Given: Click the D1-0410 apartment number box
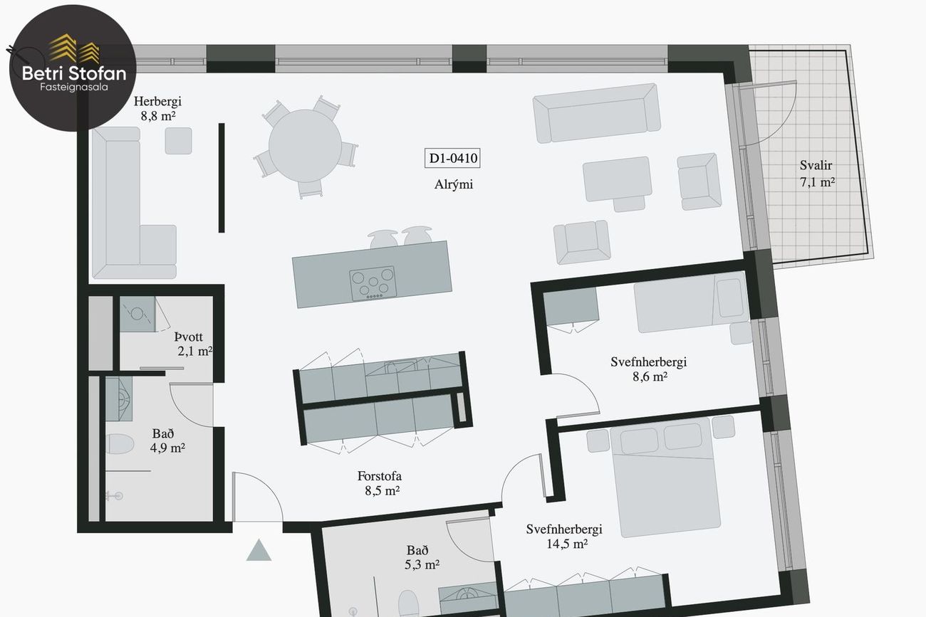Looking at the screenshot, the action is pyautogui.click(x=452, y=158).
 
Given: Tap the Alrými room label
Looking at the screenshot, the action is pyautogui.click(x=454, y=184).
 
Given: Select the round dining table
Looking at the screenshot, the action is pyautogui.click(x=305, y=145).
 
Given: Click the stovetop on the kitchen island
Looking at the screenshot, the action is pyautogui.click(x=373, y=283).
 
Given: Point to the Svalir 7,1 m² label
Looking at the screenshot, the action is pyautogui.click(x=816, y=174).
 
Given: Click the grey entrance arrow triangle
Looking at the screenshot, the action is pyautogui.click(x=259, y=550).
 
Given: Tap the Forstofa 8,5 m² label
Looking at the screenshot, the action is pyautogui.click(x=380, y=483).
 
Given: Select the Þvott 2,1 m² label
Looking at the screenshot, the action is pyautogui.click(x=192, y=344).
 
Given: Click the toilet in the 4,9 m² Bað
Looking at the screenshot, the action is pyautogui.click(x=120, y=444).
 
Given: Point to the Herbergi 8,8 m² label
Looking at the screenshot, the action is pyautogui.click(x=157, y=108).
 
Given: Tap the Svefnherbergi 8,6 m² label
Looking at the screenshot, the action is pyautogui.click(x=648, y=369).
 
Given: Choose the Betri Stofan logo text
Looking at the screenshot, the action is pyautogui.click(x=74, y=73).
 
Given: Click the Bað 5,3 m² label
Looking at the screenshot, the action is pyautogui.click(x=421, y=557).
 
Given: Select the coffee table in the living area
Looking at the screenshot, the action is pyautogui.click(x=618, y=179).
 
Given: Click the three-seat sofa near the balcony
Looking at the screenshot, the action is pyautogui.click(x=596, y=113).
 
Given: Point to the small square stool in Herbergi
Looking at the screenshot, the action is pyautogui.click(x=179, y=141).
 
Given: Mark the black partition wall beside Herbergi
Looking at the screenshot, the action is pyautogui.click(x=222, y=178).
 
